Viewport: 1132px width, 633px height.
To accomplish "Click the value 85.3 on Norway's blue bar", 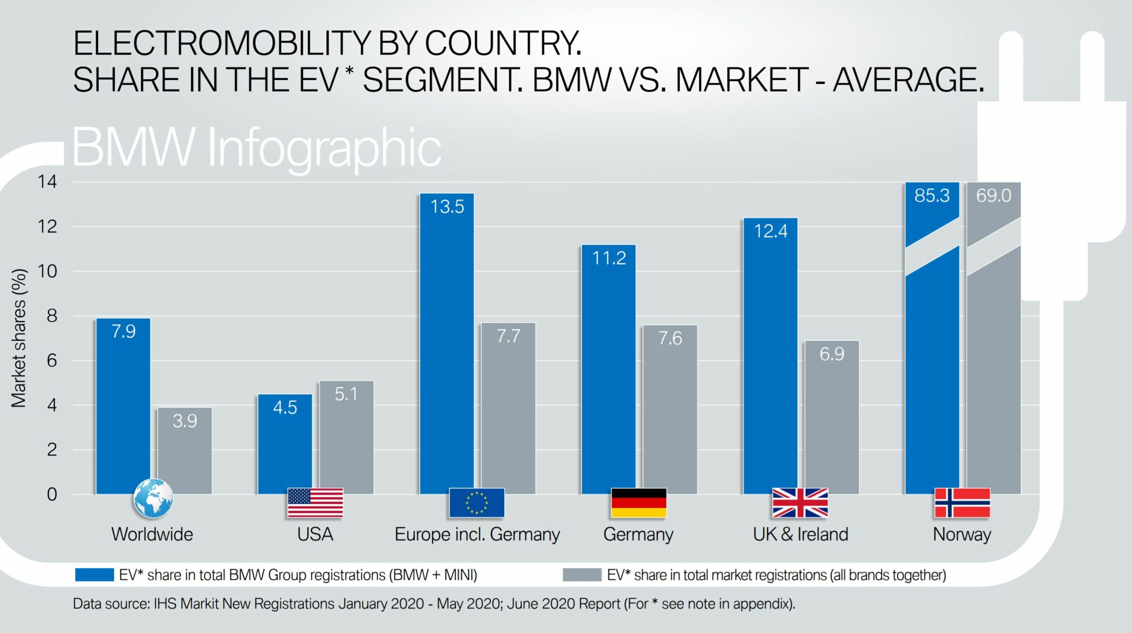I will (932, 196).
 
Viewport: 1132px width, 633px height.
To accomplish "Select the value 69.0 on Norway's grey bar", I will (994, 196).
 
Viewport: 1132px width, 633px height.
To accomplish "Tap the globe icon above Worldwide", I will (153, 499).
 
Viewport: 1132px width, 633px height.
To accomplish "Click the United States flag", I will (315, 503).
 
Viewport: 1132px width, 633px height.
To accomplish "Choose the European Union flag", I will (477, 503).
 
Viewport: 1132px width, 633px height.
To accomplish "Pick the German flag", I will (639, 503).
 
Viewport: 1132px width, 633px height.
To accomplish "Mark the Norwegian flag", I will (962, 503).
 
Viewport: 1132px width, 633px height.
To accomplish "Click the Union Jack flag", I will (800, 503).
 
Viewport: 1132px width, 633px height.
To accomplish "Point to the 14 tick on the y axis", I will (47, 182).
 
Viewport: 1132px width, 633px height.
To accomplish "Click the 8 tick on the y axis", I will (52, 316).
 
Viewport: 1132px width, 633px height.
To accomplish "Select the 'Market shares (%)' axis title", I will (19, 338).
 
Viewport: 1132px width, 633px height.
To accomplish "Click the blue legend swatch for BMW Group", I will (94, 575).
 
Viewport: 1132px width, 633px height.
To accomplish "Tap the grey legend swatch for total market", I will (582, 575).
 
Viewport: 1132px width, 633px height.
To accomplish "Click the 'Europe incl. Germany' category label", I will (477, 534).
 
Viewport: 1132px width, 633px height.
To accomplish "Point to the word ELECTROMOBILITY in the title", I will (221, 43).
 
